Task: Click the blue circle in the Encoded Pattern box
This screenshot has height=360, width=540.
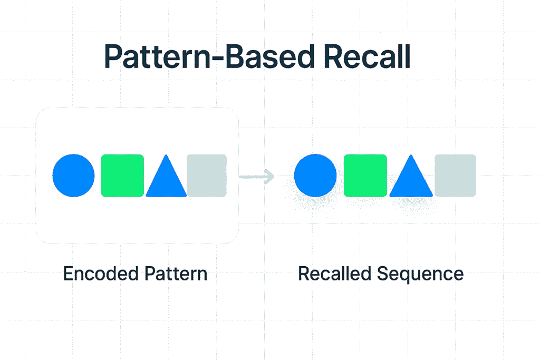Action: tap(74, 176)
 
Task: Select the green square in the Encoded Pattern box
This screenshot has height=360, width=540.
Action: tap(122, 176)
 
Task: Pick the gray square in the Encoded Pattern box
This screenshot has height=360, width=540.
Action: tap(207, 176)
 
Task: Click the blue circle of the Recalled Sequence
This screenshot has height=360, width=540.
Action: tap(315, 176)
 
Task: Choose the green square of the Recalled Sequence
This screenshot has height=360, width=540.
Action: tap(365, 176)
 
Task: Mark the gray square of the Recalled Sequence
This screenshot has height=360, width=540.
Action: tap(455, 176)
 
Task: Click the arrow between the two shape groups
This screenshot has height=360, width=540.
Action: tap(257, 177)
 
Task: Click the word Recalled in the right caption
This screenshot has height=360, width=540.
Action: tap(334, 274)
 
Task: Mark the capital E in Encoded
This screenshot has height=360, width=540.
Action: tap(67, 274)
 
